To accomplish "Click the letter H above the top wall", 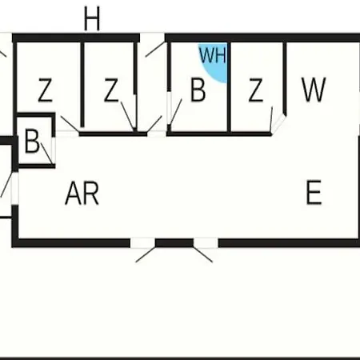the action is (x=92, y=18).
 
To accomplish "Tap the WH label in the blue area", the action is (x=213, y=55).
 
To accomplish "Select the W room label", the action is (x=314, y=90).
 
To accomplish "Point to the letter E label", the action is (x=314, y=192).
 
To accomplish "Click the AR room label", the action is (x=82, y=193).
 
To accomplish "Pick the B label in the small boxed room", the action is (x=32, y=141).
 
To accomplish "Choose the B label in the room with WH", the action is (x=198, y=90).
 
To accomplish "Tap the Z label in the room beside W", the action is (x=256, y=90).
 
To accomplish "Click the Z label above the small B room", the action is (x=46, y=90).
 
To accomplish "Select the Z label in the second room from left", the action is (x=111, y=90).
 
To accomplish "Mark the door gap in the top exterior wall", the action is (x=152, y=38).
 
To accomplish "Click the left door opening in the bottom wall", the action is (x=142, y=243).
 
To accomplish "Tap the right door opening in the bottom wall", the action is (x=206, y=243).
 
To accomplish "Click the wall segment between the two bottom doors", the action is (x=174, y=243).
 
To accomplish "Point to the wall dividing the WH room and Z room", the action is (x=229, y=86).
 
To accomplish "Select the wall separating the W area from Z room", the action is (x=285, y=78).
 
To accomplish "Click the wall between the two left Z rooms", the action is (x=82, y=85).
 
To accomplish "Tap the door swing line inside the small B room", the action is (x=46, y=154).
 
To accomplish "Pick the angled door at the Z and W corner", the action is (x=278, y=123).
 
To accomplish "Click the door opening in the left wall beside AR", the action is (x=15, y=189).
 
